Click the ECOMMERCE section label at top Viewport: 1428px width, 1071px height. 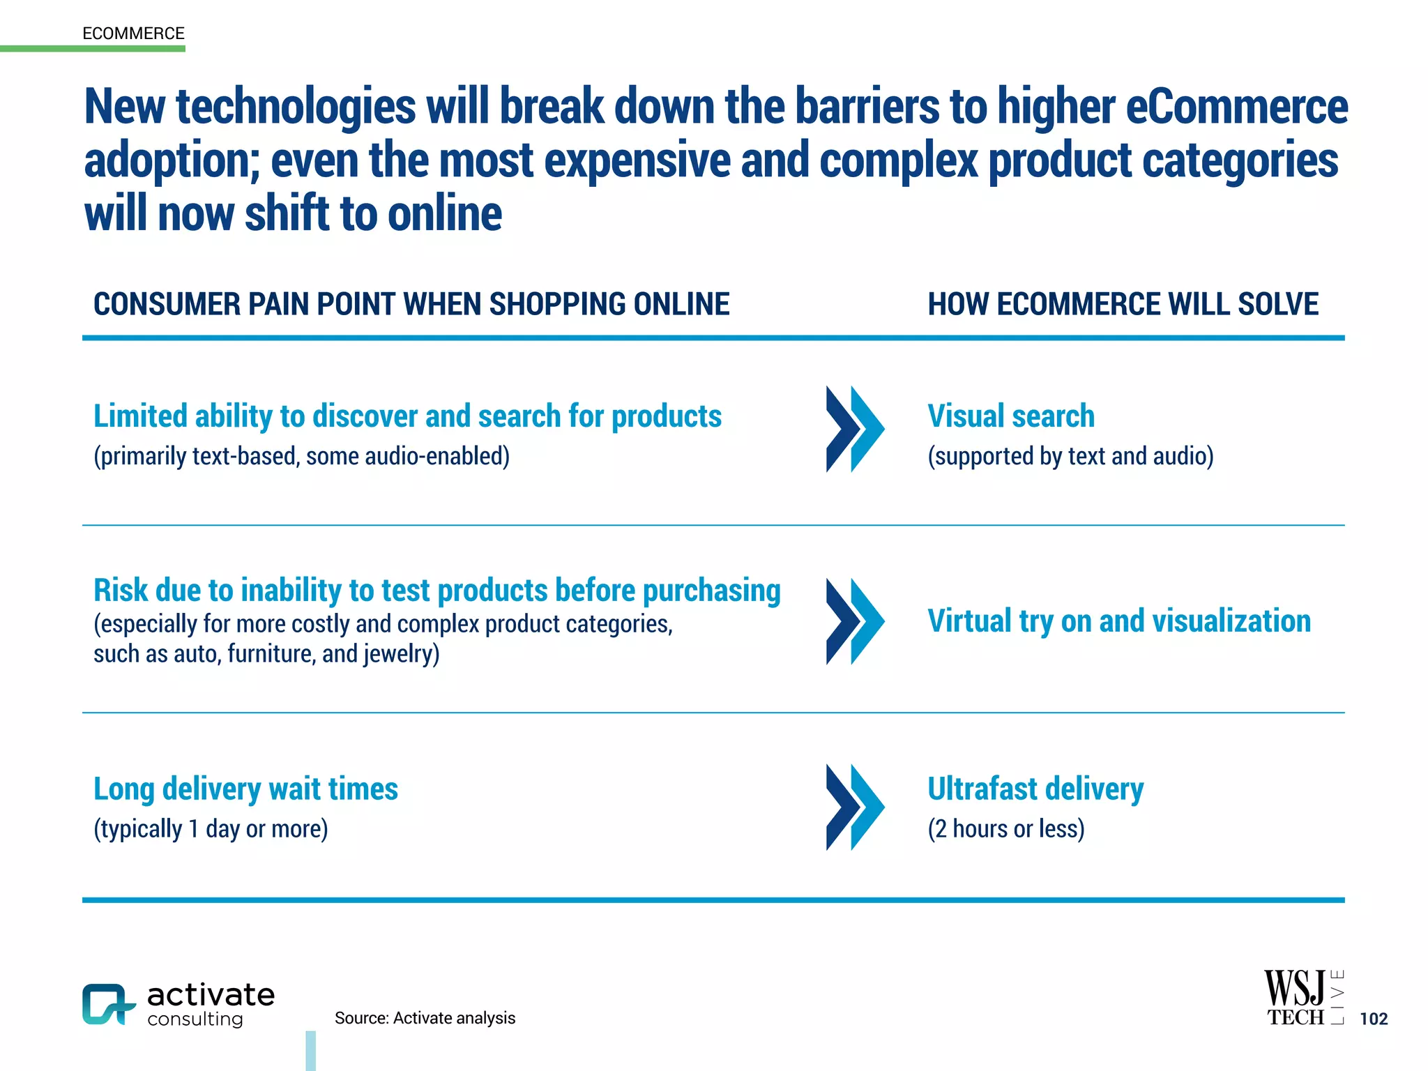click(x=133, y=33)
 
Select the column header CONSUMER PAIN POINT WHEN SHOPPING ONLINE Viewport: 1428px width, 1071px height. click(x=411, y=305)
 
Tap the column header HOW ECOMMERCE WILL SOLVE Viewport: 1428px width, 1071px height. click(x=1123, y=305)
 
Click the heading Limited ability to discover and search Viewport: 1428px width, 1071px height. click(x=407, y=416)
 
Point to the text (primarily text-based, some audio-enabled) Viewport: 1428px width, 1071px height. click(x=301, y=456)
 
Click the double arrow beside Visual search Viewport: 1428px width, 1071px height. click(x=855, y=429)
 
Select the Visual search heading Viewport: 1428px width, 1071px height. click(x=1010, y=416)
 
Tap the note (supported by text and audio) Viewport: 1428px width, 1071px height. click(x=1070, y=456)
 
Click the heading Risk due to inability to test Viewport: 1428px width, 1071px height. click(x=436, y=591)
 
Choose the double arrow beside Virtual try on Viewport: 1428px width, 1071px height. click(x=855, y=621)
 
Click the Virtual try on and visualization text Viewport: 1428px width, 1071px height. click(x=1118, y=621)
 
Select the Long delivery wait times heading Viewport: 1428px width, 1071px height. click(x=245, y=789)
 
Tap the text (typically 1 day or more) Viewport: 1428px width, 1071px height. click(x=211, y=829)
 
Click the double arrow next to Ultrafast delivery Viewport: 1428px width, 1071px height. click(x=855, y=807)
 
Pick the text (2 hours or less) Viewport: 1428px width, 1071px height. click(x=1005, y=829)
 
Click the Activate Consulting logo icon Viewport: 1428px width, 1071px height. click(x=107, y=1004)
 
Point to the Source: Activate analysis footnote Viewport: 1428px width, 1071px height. click(x=425, y=1018)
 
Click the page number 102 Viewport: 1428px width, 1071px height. click(x=1373, y=1019)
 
